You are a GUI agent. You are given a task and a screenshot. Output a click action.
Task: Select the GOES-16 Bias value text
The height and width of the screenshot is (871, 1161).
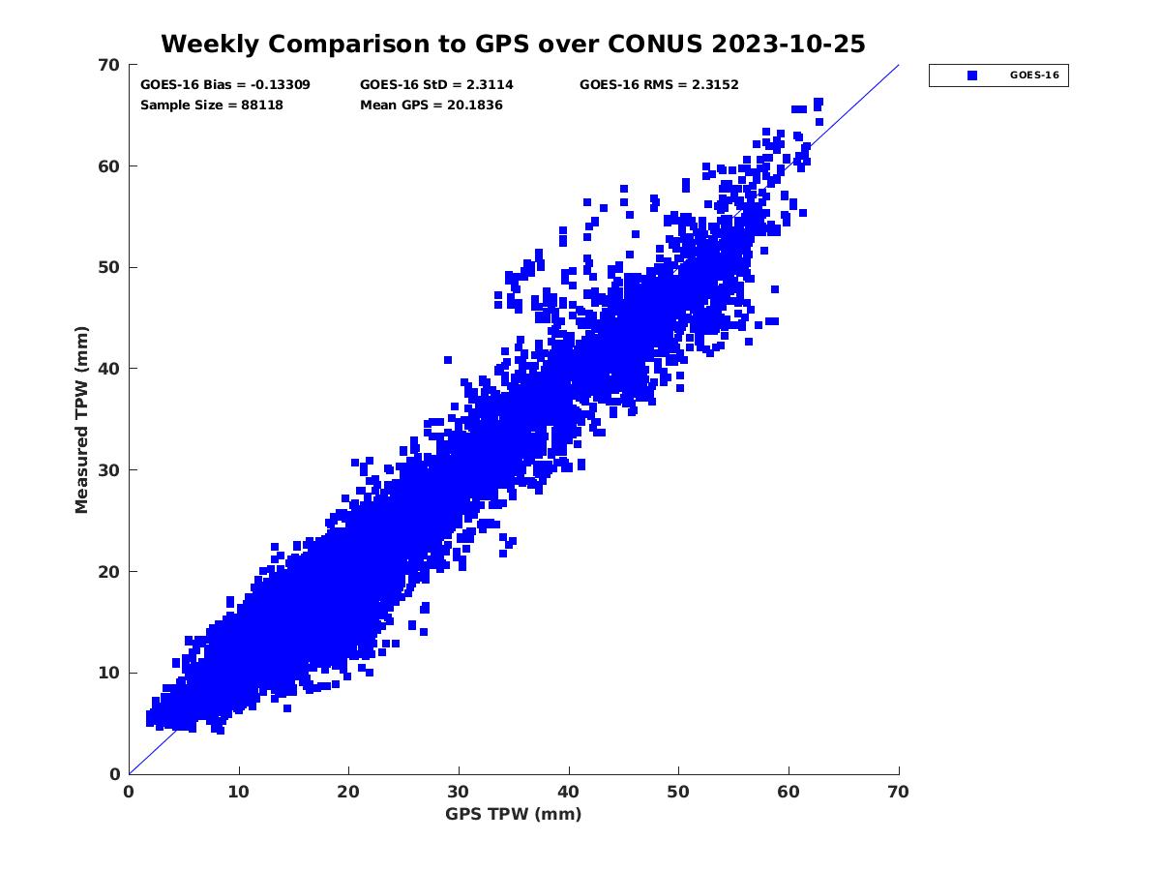coord(225,84)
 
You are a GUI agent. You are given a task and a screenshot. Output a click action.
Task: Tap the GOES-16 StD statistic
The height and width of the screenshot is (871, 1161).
coord(436,84)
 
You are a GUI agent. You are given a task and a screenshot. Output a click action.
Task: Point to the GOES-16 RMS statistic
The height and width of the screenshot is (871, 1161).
coord(659,84)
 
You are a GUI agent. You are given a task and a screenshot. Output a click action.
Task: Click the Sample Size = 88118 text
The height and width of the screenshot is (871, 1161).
coord(212,105)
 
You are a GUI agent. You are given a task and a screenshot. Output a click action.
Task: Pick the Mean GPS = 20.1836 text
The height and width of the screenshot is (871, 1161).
coord(432,105)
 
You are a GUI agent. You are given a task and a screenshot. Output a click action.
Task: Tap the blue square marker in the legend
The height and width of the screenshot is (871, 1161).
coord(972,75)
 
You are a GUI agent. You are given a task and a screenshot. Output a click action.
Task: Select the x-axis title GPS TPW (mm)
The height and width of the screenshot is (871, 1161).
coord(514,814)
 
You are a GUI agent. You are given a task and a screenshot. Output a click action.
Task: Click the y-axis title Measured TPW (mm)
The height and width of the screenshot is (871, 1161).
coord(82,419)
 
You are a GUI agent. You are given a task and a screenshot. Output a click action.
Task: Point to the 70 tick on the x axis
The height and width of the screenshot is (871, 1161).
coord(899,792)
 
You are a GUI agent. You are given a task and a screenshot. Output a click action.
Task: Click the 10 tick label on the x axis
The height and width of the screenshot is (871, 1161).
coord(239,792)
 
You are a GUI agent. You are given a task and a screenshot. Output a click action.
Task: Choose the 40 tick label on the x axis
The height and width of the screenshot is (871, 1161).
coord(569,792)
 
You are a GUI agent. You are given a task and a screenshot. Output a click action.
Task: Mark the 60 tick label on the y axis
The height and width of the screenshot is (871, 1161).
coord(109,166)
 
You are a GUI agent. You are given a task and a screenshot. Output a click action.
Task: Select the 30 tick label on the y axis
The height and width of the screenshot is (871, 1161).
coord(109,470)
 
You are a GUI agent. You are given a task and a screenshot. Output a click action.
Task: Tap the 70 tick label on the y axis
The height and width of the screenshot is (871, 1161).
coord(109,65)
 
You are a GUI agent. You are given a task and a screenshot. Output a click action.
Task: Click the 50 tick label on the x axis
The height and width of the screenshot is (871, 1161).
coord(679,792)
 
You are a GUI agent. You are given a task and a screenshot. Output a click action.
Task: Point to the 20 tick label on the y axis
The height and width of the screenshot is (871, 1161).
coord(109,572)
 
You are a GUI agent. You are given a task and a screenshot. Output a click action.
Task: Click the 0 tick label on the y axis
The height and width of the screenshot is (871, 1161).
coord(114,774)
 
